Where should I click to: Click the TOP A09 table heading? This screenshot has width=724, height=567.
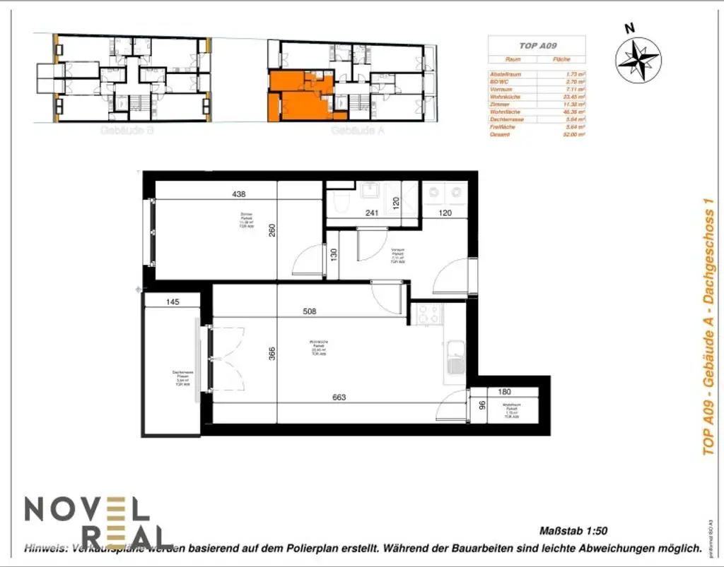pyautogui.click(x=537, y=45)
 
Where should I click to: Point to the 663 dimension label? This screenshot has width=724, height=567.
pyautogui.click(x=339, y=397)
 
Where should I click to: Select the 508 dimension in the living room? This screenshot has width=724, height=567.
pyautogui.click(x=308, y=311)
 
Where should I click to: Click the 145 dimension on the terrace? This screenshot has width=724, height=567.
pyautogui.click(x=172, y=302)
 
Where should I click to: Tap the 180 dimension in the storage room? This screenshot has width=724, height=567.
pyautogui.click(x=504, y=392)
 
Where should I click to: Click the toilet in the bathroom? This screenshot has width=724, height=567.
pyautogui.click(x=340, y=203)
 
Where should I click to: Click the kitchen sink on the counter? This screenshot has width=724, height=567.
pyautogui.click(x=454, y=357)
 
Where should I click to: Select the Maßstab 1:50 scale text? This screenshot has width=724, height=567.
pyautogui.click(x=573, y=531)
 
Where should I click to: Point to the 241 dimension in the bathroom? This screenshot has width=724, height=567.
pyautogui.click(x=372, y=213)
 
